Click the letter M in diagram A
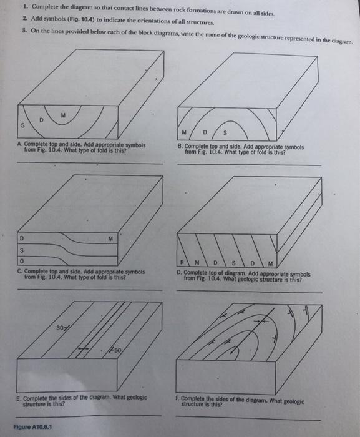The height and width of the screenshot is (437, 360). [x=63, y=115]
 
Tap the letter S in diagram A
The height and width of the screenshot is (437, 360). [x=23, y=125]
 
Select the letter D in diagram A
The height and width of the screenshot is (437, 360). [x=41, y=120]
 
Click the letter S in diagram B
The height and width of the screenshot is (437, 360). [x=225, y=133]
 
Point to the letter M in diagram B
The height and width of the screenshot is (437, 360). [x=184, y=132]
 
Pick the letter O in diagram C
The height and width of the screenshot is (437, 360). [x=22, y=261]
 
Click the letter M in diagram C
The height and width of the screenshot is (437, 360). [x=110, y=239]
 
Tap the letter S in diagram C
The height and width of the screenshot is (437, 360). [x=22, y=250]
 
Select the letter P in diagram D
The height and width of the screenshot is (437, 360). [x=182, y=262]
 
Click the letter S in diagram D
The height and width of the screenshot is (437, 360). [x=233, y=263]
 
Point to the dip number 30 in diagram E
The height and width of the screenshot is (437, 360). [x=60, y=328]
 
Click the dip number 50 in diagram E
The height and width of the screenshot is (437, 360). [x=117, y=350]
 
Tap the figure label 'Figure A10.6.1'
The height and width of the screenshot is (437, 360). [x=32, y=426]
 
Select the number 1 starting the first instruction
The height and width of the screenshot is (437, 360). [x=26, y=6]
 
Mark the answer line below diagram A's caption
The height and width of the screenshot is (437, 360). [x=90, y=163]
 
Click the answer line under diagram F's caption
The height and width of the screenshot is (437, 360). [x=248, y=418]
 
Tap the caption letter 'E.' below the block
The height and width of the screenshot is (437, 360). [x=19, y=398]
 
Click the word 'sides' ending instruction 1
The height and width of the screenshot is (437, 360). [x=268, y=13]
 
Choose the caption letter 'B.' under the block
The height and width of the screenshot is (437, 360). [x=180, y=146]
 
